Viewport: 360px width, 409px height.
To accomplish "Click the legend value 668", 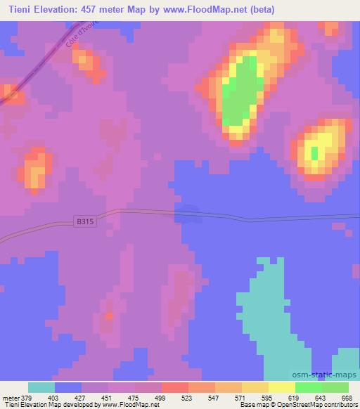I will tap(346, 397).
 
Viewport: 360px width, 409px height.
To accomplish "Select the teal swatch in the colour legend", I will tap(41, 387).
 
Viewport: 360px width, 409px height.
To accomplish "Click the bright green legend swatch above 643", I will tap(309, 387).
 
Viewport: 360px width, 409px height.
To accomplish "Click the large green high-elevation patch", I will tap(240, 91).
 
